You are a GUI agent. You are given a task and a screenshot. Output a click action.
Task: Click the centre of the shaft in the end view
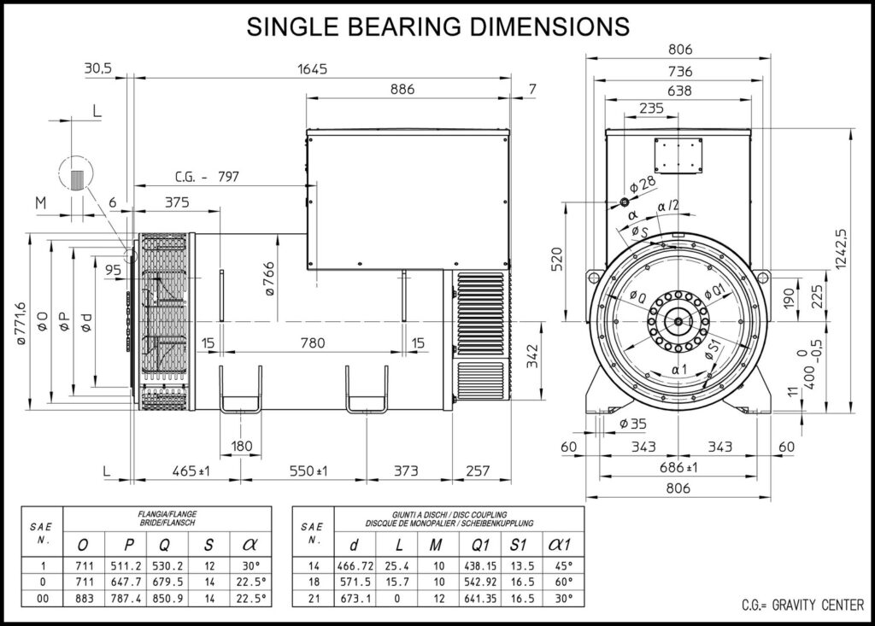click(678, 321)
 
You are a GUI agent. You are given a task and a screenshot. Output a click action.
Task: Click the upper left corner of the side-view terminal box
click(307, 130)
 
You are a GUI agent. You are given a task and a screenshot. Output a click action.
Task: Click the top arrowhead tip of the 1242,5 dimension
click(850, 129)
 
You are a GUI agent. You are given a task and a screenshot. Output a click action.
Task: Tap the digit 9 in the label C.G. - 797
click(229, 177)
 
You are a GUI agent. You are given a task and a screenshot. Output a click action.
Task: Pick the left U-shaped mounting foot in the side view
click(240, 389)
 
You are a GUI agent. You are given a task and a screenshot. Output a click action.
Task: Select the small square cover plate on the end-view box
click(678, 155)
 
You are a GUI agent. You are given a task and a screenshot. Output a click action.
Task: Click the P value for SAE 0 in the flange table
click(126, 582)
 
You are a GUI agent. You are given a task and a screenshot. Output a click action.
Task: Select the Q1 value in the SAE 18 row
click(480, 582)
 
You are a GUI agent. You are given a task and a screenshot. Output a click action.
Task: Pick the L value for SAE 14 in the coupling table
click(396, 565)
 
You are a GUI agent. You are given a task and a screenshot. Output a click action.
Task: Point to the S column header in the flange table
click(209, 545)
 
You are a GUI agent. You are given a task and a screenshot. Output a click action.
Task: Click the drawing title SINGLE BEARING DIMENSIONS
click(438, 26)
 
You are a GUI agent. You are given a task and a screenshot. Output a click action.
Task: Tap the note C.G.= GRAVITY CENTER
click(802, 605)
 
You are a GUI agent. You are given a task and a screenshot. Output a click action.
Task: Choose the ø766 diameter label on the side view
click(269, 278)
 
